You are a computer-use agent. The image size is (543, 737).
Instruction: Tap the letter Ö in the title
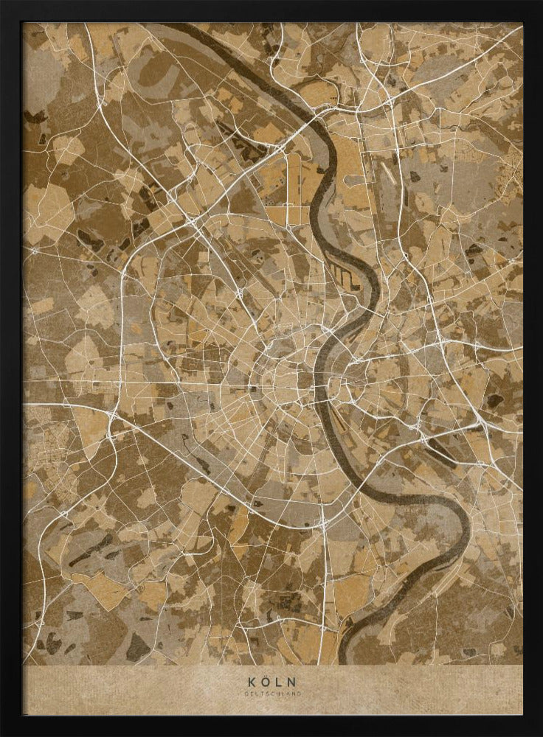265,682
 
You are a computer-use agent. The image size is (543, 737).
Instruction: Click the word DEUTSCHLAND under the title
271,694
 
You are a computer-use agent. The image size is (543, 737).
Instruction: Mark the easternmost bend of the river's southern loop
466,527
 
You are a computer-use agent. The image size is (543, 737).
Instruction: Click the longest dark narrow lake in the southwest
92,549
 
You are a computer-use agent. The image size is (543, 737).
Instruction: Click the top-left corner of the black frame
2,2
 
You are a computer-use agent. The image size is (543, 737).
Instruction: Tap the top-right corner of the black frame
540,2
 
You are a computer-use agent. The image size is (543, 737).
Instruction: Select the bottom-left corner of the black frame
2,734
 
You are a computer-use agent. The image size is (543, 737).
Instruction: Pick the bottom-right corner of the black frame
540,734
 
